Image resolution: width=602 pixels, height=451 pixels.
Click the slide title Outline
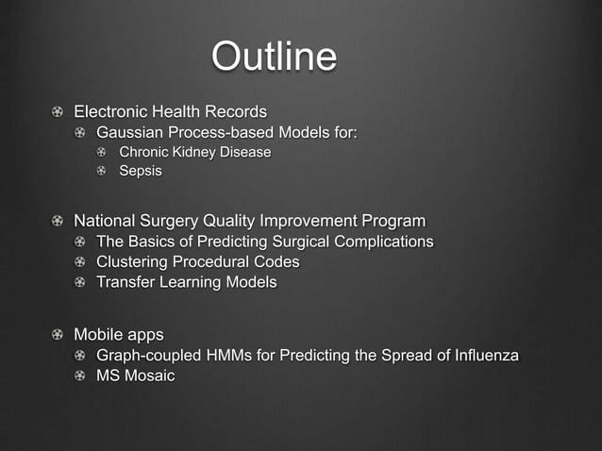coord(274,57)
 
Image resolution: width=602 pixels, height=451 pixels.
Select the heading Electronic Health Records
coord(170,111)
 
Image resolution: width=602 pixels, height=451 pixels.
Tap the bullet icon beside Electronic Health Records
coord(59,112)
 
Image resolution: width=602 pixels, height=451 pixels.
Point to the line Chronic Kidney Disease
coord(194,152)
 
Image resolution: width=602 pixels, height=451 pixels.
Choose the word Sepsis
coord(140,171)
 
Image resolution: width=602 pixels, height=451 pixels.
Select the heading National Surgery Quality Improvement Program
coord(249,221)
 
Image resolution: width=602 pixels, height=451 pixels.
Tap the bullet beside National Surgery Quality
coord(59,222)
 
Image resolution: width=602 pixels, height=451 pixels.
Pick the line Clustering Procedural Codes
coord(197,261)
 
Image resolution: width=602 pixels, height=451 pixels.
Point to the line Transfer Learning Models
coord(186,281)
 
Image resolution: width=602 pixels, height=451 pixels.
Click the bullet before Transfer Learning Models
coord(82,282)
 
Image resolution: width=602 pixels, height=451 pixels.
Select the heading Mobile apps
coord(118,335)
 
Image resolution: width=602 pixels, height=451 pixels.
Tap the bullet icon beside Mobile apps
coord(59,335)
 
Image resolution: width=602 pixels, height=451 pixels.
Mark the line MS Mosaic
coord(135,376)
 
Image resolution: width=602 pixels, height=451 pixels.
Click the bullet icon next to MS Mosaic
coord(82,376)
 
